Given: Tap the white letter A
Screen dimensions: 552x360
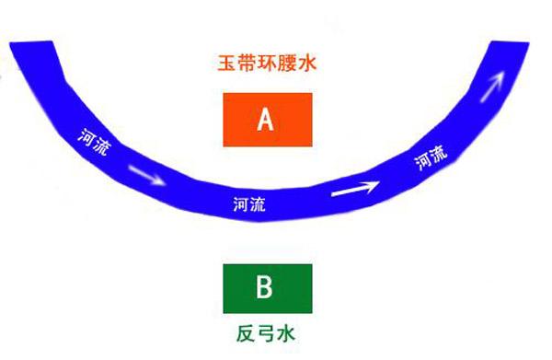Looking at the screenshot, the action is click(x=267, y=119).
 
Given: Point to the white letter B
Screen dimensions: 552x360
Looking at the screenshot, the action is click(x=264, y=288).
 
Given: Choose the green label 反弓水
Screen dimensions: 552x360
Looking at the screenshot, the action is click(x=264, y=329).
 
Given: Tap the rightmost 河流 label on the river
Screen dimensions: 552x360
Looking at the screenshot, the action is click(x=431, y=157).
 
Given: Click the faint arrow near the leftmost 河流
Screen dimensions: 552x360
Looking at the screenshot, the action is click(x=147, y=173).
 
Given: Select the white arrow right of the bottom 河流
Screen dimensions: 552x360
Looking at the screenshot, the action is click(x=354, y=190).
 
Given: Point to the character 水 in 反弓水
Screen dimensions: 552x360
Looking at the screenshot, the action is click(x=287, y=329).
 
